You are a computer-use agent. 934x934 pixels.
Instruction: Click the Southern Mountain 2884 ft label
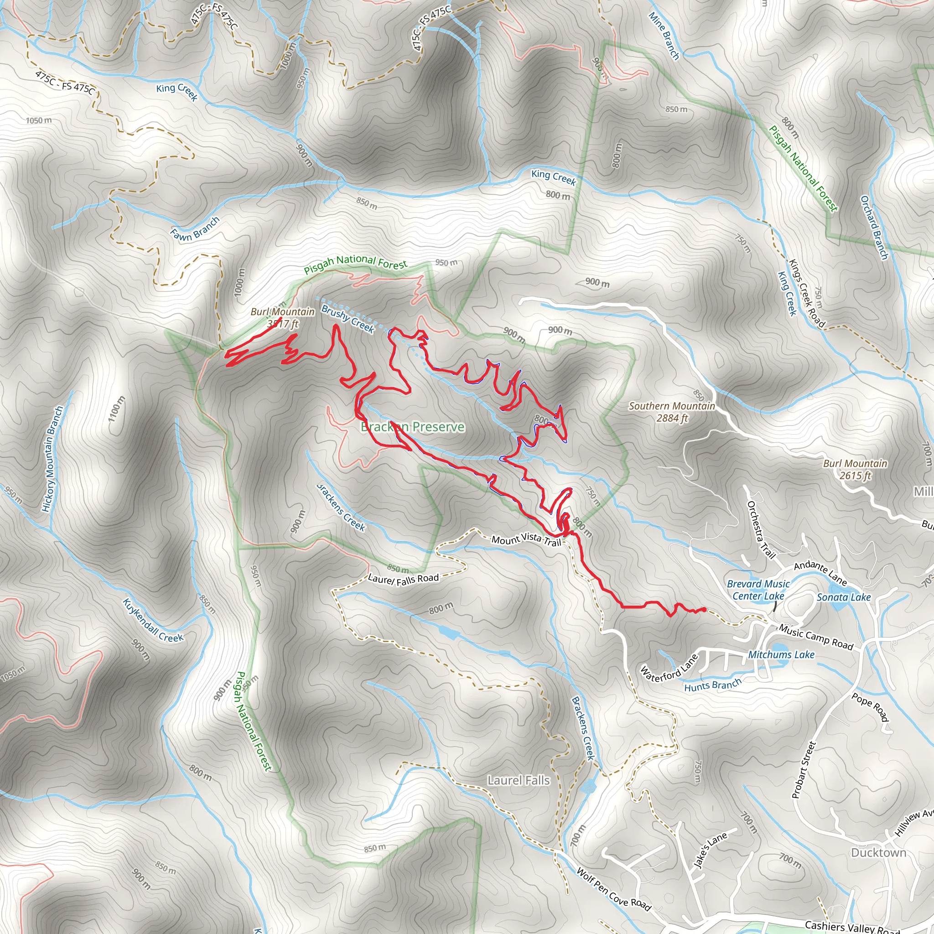coord(671,412)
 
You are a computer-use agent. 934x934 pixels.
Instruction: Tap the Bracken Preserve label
coord(413,427)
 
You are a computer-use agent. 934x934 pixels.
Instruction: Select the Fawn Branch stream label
coord(195,228)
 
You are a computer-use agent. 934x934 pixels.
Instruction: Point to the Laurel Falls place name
coord(518,780)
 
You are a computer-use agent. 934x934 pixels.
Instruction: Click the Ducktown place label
coord(878,852)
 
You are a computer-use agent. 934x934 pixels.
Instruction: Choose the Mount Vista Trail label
coord(526,540)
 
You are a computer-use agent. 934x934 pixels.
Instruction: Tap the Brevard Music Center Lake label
coord(758,590)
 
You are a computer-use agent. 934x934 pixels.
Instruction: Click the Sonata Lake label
coord(844,597)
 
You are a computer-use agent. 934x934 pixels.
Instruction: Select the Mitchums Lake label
coord(781,654)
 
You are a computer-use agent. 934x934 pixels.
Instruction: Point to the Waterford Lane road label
coord(669,668)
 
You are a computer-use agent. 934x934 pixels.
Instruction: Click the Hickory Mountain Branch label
coord(52,459)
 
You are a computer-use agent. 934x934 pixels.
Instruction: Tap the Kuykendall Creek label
coord(153,620)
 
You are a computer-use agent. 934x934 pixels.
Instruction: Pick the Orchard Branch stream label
coord(874,227)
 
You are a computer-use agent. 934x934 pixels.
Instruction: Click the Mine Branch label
coord(664,36)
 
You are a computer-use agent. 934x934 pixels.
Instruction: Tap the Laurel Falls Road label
coord(403,579)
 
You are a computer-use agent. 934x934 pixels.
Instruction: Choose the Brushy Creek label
coord(348,319)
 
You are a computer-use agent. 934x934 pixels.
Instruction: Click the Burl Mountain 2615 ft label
coord(855,469)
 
